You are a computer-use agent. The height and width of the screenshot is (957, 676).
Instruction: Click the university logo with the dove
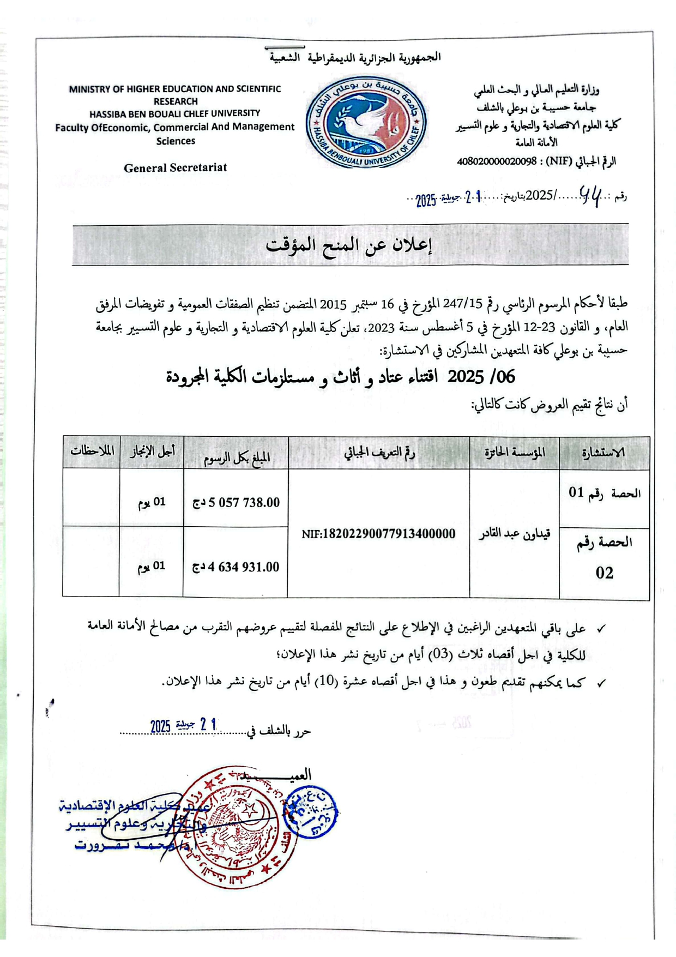click(x=366, y=122)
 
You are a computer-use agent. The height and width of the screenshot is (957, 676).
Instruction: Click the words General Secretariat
click(x=175, y=168)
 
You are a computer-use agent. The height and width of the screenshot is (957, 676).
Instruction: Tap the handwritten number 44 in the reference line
click(x=590, y=195)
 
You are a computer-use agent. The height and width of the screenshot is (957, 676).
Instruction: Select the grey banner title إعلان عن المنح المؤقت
click(x=349, y=245)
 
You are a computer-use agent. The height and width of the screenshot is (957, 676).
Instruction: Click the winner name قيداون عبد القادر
click(x=514, y=533)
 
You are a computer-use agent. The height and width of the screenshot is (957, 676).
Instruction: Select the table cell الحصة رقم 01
click(x=605, y=493)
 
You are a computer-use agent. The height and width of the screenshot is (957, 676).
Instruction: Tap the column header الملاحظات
click(x=92, y=452)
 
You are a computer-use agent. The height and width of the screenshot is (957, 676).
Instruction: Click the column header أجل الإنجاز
click(x=152, y=452)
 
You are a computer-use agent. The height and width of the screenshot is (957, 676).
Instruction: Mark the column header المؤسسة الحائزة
click(x=515, y=453)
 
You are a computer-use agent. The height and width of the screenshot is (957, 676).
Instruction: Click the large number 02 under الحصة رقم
click(x=605, y=573)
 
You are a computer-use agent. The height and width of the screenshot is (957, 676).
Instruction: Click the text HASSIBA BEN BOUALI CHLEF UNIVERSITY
click(x=175, y=113)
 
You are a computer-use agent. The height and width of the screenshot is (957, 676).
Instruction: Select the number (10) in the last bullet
click(x=325, y=683)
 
